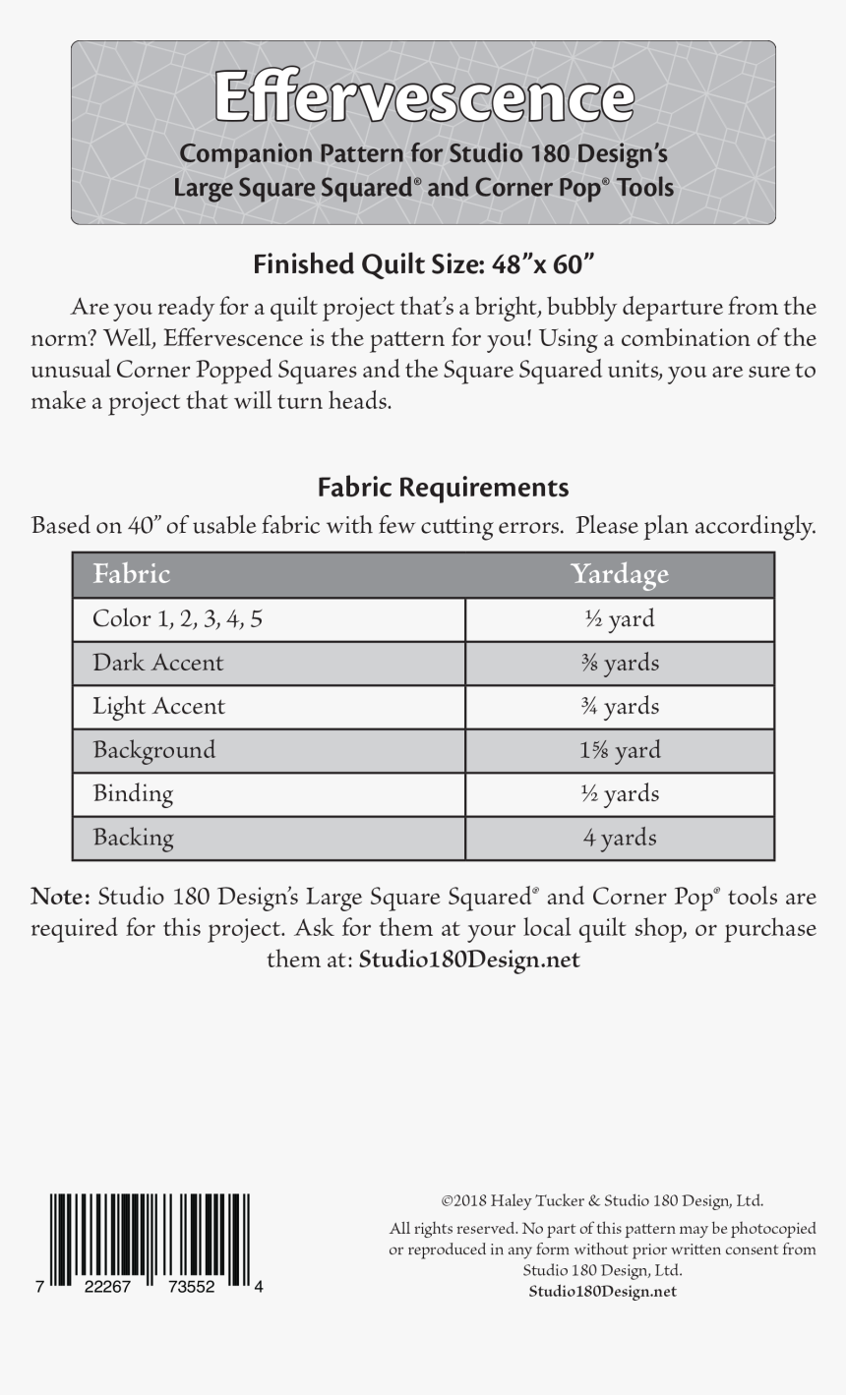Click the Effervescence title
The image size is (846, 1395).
pyautogui.click(x=423, y=98)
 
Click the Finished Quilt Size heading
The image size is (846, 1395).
pyautogui.click(x=424, y=264)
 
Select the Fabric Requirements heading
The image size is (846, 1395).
pyautogui.click(x=443, y=488)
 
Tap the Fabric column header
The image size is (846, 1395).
pyautogui.click(x=131, y=574)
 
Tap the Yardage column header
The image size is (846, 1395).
pyautogui.click(x=619, y=574)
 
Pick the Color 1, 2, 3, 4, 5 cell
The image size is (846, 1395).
pyautogui.click(x=177, y=619)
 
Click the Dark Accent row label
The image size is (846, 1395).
pyautogui.click(x=157, y=663)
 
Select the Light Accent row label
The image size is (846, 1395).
pyautogui.click(x=158, y=707)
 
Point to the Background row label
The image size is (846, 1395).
pyautogui.click(x=153, y=750)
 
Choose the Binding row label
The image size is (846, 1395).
pyautogui.click(x=133, y=793)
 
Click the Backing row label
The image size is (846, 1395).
pyautogui.click(x=133, y=838)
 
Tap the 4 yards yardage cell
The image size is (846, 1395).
pyautogui.click(x=619, y=838)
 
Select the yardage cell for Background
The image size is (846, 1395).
pyautogui.click(x=619, y=750)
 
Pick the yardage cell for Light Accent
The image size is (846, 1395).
pyautogui.click(x=619, y=707)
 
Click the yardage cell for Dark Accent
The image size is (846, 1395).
pyautogui.click(x=619, y=663)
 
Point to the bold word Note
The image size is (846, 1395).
pyautogui.click(x=60, y=897)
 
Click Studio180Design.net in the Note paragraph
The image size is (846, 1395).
pyautogui.click(x=469, y=959)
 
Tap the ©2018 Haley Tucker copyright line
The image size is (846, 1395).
pyautogui.click(x=602, y=1200)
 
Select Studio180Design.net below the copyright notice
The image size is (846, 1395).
pyautogui.click(x=602, y=1291)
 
